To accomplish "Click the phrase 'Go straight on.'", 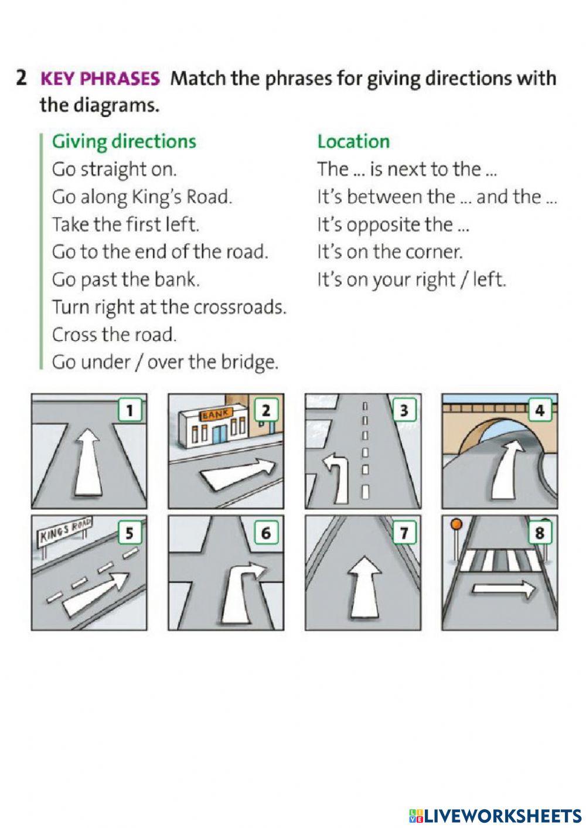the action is pos(114,170).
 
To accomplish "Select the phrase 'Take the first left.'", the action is pos(126,224).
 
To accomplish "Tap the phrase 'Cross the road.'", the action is pos(114,335).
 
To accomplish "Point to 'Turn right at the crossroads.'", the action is pos(169,307).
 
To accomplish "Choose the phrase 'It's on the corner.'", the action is pos(390,252).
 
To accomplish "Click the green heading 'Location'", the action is pos(353,142).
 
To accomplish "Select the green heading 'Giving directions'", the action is pos(124,142).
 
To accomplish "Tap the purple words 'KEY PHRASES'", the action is pos(100,79).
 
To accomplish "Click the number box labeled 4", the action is pos(540,410).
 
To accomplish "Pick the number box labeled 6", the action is pos(266,533).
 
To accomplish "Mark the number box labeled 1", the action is pos(130,410).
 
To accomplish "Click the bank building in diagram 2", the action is pos(213,425).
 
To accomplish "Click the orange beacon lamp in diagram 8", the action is pos(457,524).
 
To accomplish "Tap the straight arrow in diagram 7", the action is pos(365,587).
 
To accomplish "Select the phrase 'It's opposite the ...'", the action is pos(393,224).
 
